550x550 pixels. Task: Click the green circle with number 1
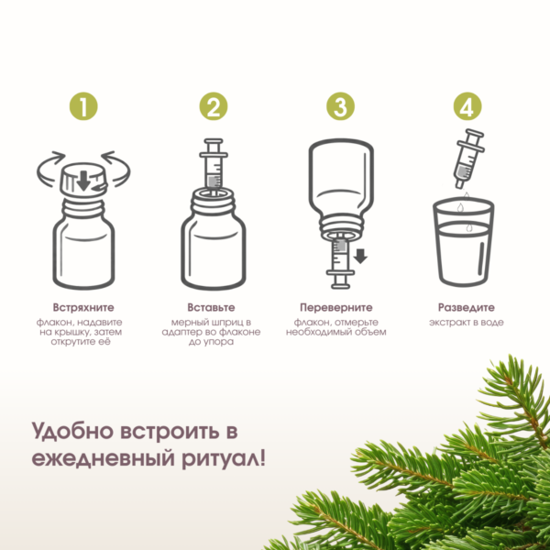click(x=83, y=106)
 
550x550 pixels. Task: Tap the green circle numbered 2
click(x=214, y=106)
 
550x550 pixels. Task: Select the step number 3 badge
click(x=340, y=106)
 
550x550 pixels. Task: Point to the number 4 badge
click(x=467, y=106)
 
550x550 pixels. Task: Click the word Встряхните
click(x=83, y=308)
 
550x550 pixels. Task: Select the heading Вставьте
click(x=211, y=308)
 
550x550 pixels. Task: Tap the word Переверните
click(x=336, y=308)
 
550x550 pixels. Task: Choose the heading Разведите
click(x=467, y=308)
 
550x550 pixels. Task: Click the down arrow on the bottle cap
click(x=83, y=181)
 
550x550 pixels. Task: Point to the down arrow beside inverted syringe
click(x=360, y=256)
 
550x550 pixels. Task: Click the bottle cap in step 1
click(x=83, y=180)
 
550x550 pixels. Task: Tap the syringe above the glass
click(x=469, y=159)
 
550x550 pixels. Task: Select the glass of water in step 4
click(x=463, y=241)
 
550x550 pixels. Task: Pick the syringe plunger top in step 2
click(x=214, y=141)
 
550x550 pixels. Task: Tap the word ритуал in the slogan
click(x=221, y=459)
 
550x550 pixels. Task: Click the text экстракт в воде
click(x=467, y=323)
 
